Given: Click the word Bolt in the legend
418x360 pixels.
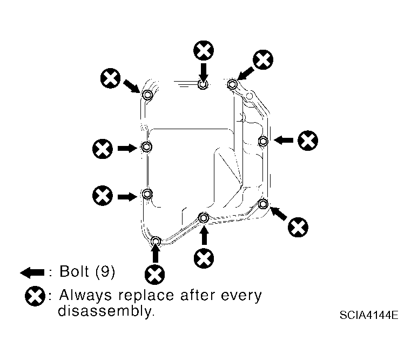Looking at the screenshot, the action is pos(74,271).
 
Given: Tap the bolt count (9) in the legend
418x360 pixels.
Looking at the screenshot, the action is pos(105,272).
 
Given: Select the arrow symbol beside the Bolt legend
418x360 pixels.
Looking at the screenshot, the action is pos(32,272).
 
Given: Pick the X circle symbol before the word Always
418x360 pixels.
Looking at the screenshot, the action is pos(35,296).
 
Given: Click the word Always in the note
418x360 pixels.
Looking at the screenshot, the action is pos(85,296).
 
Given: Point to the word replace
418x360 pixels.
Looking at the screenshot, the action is pos(146,296).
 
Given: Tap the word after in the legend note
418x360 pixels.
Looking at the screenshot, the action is pos(198,295).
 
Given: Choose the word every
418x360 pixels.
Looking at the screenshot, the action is pos(241,296).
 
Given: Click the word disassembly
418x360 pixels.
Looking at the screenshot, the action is pos(106,311).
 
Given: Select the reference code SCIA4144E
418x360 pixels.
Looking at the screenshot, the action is pos(369,315).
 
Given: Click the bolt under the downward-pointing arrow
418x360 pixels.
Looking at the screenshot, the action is pos(203,84).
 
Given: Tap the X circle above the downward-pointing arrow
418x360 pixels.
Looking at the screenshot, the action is pos(204,50).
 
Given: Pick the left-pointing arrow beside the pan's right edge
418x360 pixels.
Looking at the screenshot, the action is pos(284,140).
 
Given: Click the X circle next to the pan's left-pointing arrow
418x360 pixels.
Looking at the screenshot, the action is pos(308,141).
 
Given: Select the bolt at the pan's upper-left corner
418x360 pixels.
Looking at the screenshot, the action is pos(147,95).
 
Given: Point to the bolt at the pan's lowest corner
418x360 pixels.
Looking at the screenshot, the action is pos(156,241).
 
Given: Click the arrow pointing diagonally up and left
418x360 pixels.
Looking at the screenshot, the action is pos(279,214).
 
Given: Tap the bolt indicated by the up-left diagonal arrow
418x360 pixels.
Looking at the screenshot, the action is pos(263,204).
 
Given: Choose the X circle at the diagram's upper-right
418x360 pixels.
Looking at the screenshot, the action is pos(263,60).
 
